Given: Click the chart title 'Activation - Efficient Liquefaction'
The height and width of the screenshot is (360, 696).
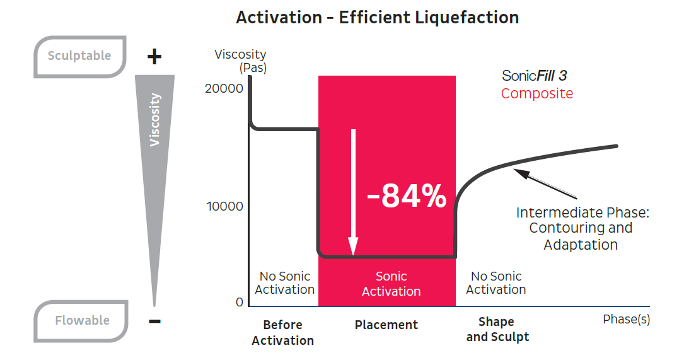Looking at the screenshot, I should (x=377, y=18).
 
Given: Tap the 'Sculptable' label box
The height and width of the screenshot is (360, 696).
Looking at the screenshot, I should (x=79, y=55).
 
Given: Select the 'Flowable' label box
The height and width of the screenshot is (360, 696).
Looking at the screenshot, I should (x=81, y=320).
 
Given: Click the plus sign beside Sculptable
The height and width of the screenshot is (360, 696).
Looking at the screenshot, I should (x=154, y=57).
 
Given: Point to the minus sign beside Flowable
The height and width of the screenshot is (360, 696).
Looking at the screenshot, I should (x=154, y=322).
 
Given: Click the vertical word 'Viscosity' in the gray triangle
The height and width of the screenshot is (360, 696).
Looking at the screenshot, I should (x=155, y=120).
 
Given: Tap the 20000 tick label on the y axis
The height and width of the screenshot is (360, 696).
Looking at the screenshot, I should (x=224, y=88).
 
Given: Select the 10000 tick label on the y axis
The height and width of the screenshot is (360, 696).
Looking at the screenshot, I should (x=225, y=207).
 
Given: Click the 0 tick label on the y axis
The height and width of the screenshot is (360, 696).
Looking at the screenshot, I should (x=239, y=303).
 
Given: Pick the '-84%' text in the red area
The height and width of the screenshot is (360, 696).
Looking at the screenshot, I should (x=407, y=196).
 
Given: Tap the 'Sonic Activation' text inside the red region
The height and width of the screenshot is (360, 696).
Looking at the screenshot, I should (x=391, y=284).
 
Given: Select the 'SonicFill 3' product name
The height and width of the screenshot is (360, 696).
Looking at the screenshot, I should (x=535, y=76).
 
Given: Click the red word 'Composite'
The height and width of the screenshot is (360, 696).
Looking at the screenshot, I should (x=537, y=94).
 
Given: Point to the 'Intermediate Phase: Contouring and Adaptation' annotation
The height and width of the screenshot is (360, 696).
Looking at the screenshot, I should (x=582, y=228).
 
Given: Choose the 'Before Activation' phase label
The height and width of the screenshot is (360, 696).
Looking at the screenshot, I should (x=282, y=332).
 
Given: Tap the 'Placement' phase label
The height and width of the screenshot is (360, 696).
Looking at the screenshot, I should (x=386, y=325).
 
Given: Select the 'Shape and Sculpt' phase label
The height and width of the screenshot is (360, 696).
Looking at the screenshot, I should (x=497, y=329).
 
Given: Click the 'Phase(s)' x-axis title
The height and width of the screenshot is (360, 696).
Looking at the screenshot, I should (x=625, y=319).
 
